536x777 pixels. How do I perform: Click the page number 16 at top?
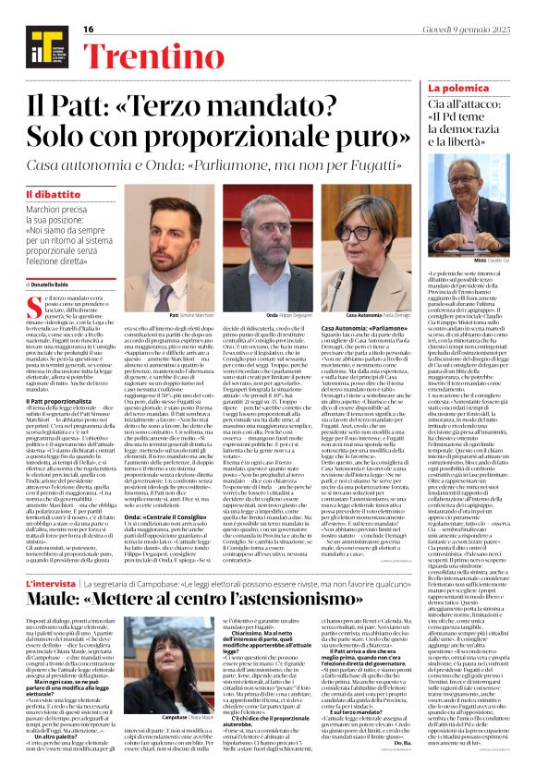(x=89, y=29)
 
